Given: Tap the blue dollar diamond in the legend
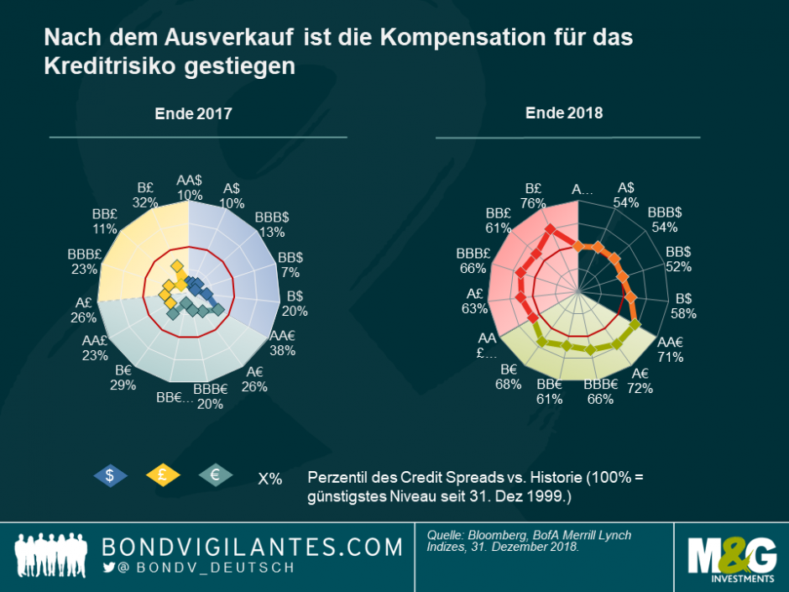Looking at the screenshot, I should coord(110,475).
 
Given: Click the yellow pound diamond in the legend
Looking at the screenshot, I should coord(163,475).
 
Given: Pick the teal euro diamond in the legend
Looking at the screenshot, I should coord(215,475).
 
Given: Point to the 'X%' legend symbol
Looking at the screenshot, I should coord(269,479).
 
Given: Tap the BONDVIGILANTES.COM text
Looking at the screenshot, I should coord(252,547).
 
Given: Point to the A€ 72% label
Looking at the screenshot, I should coord(640,380).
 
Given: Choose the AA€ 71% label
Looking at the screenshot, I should coord(671,349).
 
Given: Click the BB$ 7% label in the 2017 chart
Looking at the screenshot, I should coord(290,265).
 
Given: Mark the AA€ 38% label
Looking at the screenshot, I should coord(282,343).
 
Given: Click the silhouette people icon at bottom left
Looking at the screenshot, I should coord(52,556).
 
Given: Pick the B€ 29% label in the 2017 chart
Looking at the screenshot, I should coord(123,378).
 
